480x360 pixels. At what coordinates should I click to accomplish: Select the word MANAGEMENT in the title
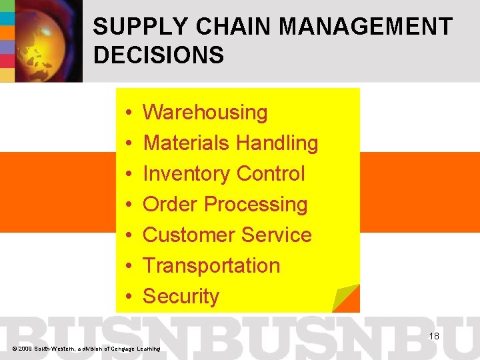point(367,27)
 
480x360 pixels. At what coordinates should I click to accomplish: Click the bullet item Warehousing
point(205,113)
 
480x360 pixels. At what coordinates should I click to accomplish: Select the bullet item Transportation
point(211,266)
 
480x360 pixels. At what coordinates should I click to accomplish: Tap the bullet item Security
point(181,297)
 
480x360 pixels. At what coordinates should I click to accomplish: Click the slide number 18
point(433,336)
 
